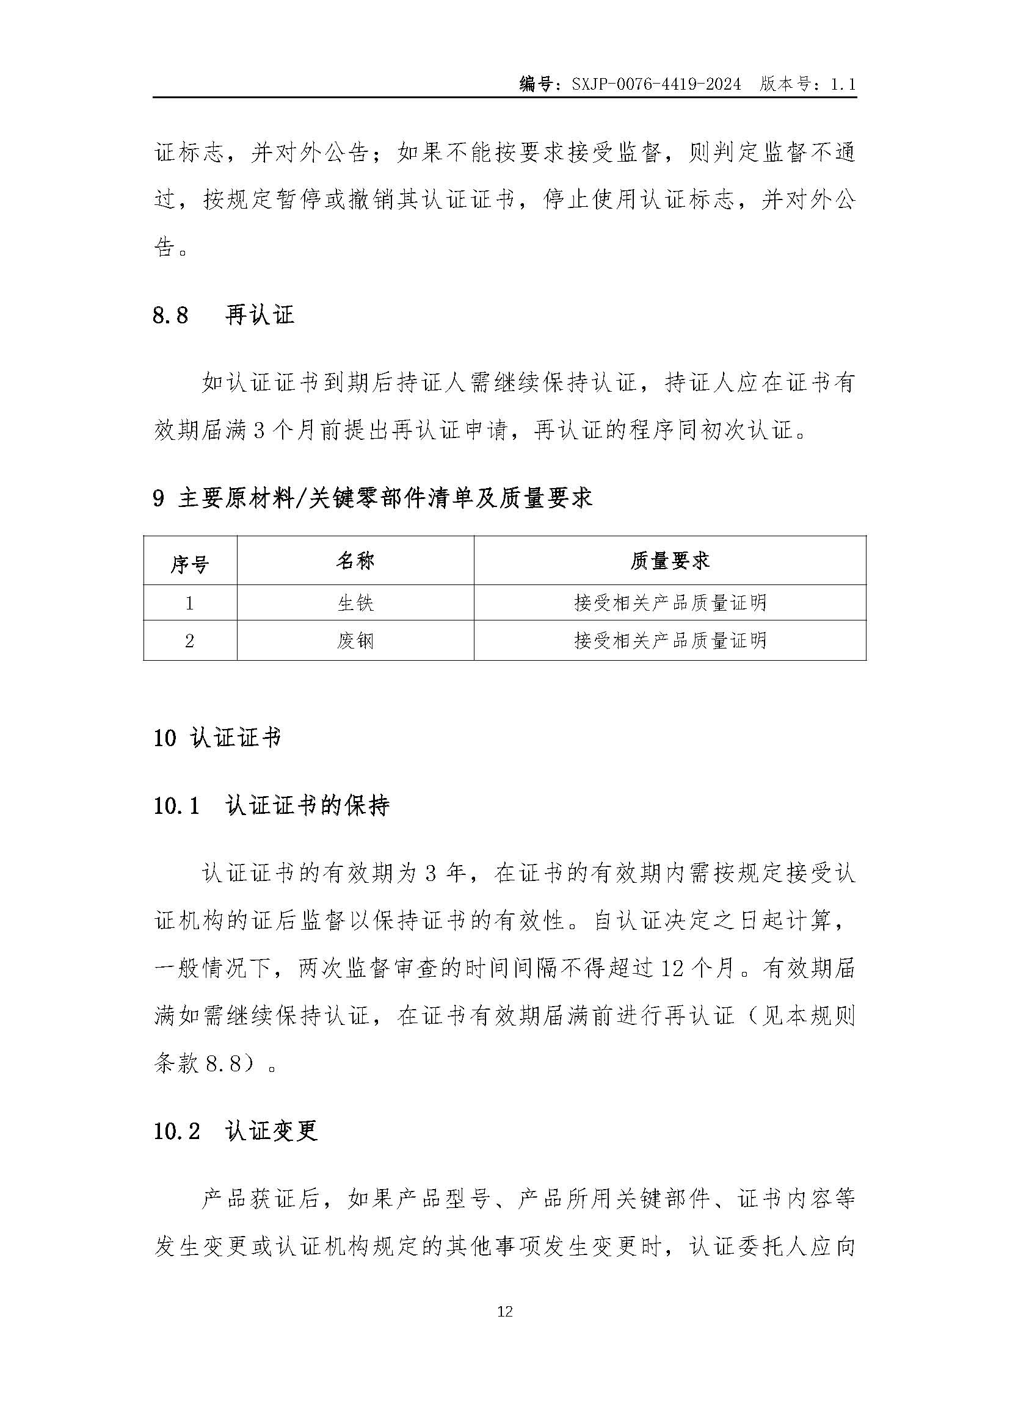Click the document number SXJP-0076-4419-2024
(x=656, y=85)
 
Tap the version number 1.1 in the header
(x=843, y=85)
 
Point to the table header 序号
(x=190, y=564)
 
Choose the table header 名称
(x=355, y=561)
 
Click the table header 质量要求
(x=669, y=561)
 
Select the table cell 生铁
(x=355, y=603)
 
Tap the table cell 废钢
(x=355, y=641)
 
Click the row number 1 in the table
(x=190, y=603)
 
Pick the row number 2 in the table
(x=190, y=641)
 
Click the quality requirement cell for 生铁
(x=670, y=603)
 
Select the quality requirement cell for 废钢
(x=670, y=641)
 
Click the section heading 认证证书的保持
(x=307, y=806)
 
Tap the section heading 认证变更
(x=272, y=1131)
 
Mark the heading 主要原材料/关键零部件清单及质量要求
(x=385, y=498)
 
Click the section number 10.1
(x=176, y=807)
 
